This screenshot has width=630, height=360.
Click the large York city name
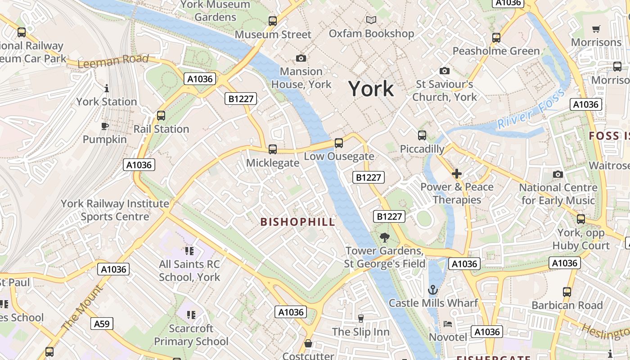(x=371, y=89)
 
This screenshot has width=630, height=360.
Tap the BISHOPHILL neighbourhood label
(x=298, y=222)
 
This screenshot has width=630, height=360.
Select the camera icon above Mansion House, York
(x=301, y=58)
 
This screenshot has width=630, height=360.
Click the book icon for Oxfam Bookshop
(x=371, y=20)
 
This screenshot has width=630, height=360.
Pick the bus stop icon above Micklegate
(x=272, y=149)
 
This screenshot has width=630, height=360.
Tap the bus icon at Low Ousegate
(x=339, y=143)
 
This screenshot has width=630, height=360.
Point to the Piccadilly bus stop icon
(x=422, y=135)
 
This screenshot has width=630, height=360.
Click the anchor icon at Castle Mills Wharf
(x=433, y=289)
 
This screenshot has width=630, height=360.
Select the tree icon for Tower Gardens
(x=384, y=237)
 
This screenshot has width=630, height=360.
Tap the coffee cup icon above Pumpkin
(x=105, y=126)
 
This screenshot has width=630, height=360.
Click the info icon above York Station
(x=107, y=88)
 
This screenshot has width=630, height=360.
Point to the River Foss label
(x=531, y=110)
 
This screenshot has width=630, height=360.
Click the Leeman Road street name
(x=113, y=61)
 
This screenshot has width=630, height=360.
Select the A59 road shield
(x=102, y=324)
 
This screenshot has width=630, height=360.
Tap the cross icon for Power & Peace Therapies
(x=457, y=174)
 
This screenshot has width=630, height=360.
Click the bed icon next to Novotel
(x=448, y=324)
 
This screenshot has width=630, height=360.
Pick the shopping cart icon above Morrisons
(x=596, y=29)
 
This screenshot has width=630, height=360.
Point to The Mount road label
(x=82, y=308)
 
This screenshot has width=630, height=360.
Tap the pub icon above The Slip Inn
(x=360, y=319)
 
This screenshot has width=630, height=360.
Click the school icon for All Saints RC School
(x=189, y=251)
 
